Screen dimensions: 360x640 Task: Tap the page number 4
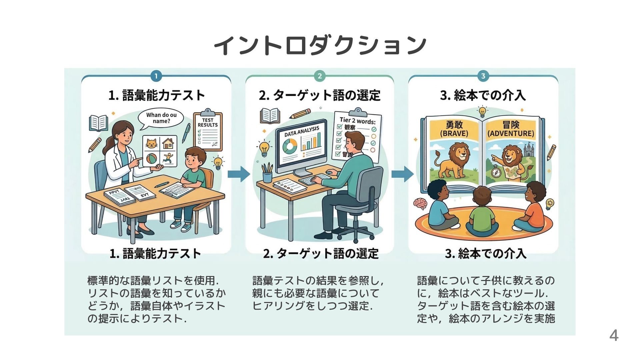click(x=614, y=335)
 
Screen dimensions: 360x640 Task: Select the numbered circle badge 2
click(x=319, y=76)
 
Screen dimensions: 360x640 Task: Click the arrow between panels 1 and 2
click(x=239, y=174)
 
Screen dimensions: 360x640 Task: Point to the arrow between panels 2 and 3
click(x=402, y=174)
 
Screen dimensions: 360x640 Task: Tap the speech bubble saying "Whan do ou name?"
click(x=161, y=118)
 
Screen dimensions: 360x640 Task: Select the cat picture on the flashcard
click(x=152, y=144)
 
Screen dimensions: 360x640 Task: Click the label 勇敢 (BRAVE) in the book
click(x=454, y=129)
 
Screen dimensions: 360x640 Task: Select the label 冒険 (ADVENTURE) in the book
click(x=511, y=129)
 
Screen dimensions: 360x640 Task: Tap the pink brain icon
click(x=420, y=203)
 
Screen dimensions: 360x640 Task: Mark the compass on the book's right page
click(x=496, y=172)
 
